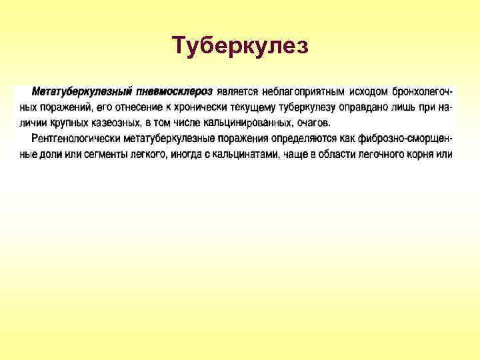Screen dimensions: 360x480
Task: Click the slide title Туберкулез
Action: (x=240, y=46)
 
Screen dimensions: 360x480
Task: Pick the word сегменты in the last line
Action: (x=104, y=155)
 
